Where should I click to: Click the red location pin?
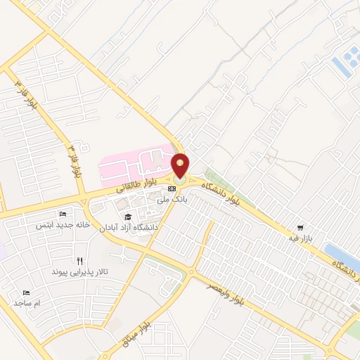(x=181, y=166)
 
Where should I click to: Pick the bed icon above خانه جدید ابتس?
(x=63, y=214)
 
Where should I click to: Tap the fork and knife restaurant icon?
(x=79, y=259)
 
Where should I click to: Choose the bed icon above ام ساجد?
(x=27, y=292)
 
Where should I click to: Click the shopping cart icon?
(x=301, y=228)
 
